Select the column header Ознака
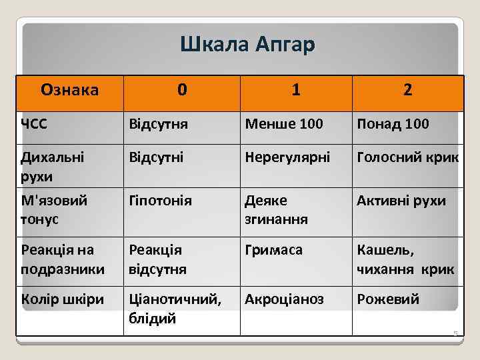point(70,89)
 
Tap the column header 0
point(182,89)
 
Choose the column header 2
point(407,89)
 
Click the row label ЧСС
point(34,123)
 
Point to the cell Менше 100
point(284,124)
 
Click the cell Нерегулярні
point(287,158)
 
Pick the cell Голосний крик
point(407,158)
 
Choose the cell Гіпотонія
point(161,201)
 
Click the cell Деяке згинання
point(277,209)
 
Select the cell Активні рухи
point(401,201)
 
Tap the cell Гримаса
point(274,250)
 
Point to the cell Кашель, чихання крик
point(405,259)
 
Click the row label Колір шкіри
point(63,299)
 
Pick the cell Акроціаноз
point(285,299)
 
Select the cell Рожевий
point(389,299)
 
